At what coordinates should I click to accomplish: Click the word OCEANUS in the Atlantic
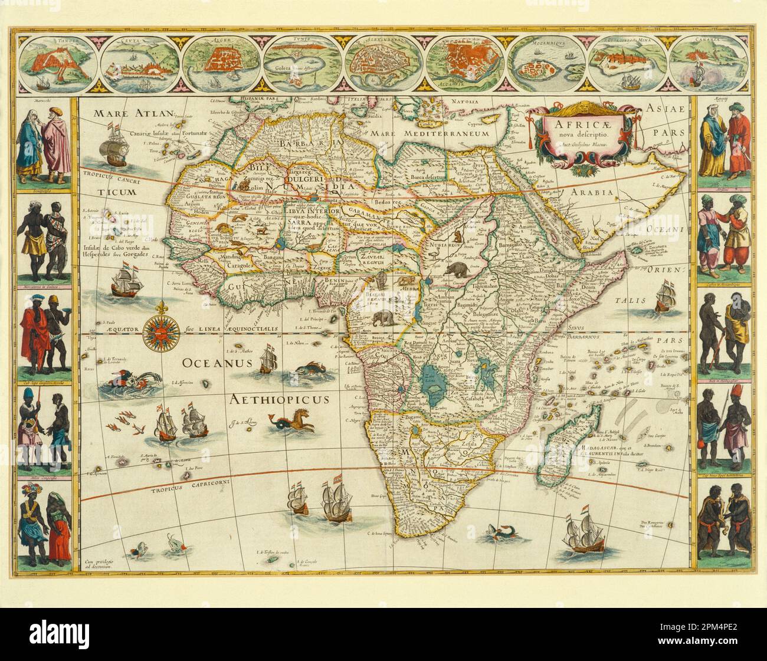(209, 362)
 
